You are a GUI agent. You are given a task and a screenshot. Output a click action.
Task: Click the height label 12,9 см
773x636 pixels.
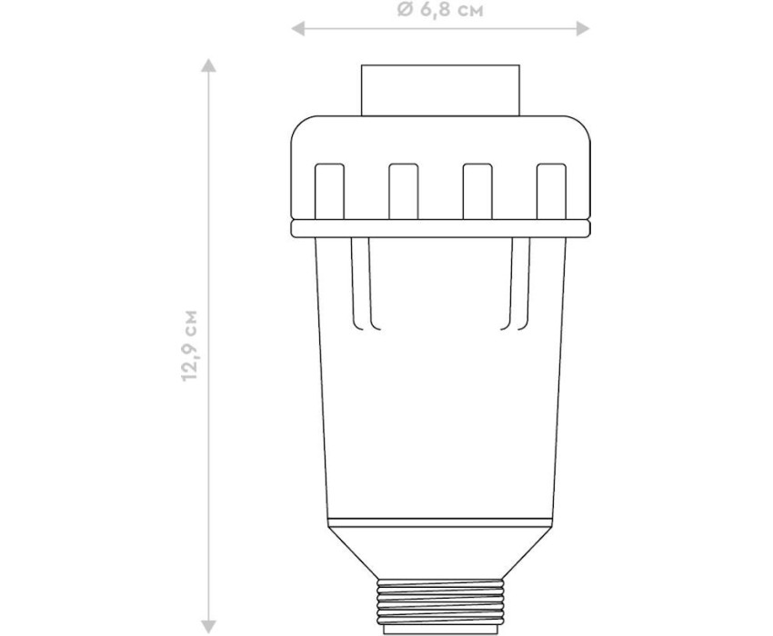click(x=189, y=345)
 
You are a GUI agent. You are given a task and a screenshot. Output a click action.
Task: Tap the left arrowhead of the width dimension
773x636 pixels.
click(x=297, y=29)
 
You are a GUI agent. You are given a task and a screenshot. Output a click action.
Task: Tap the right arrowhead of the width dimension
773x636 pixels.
click(x=583, y=29)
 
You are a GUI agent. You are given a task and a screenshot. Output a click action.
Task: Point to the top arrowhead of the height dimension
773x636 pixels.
click(x=209, y=65)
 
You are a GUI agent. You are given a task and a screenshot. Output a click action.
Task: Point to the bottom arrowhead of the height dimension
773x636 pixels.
click(x=209, y=627)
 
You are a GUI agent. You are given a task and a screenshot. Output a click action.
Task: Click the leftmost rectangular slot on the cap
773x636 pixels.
click(x=329, y=191)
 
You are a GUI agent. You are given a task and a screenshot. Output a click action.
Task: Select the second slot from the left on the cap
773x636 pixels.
click(x=403, y=191)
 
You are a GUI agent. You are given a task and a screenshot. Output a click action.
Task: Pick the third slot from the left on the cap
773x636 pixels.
click(x=477, y=191)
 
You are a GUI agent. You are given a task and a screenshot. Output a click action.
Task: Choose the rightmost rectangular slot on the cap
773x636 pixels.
click(x=551, y=191)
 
